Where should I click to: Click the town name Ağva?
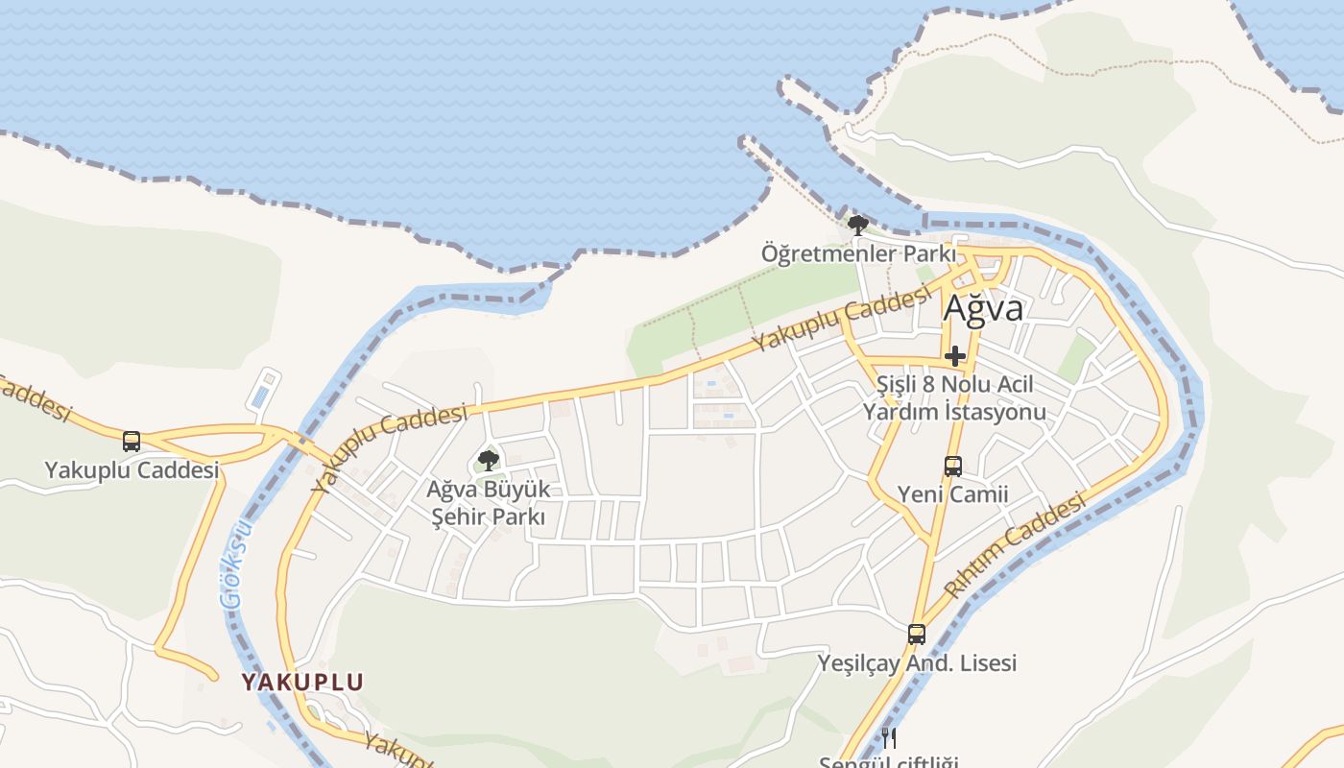coord(983,308)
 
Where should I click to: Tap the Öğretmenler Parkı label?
coord(858,254)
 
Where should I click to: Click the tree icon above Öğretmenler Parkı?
coord(858,226)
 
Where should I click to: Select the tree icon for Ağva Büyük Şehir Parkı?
coord(489,460)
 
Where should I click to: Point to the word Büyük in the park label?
coord(517,490)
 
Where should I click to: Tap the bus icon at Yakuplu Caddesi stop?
coord(132,442)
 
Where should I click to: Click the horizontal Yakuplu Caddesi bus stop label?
coord(132,470)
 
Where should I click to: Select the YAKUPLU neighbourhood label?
coord(302,683)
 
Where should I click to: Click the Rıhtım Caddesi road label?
coord(1018,544)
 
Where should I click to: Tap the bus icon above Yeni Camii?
coord(952,467)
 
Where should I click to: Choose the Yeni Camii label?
coord(952,494)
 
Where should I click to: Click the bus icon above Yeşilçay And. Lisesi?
coord(917,635)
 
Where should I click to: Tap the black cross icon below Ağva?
coord(955,356)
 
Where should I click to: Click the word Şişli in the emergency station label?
coord(898,385)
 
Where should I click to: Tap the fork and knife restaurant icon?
coord(889,737)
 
